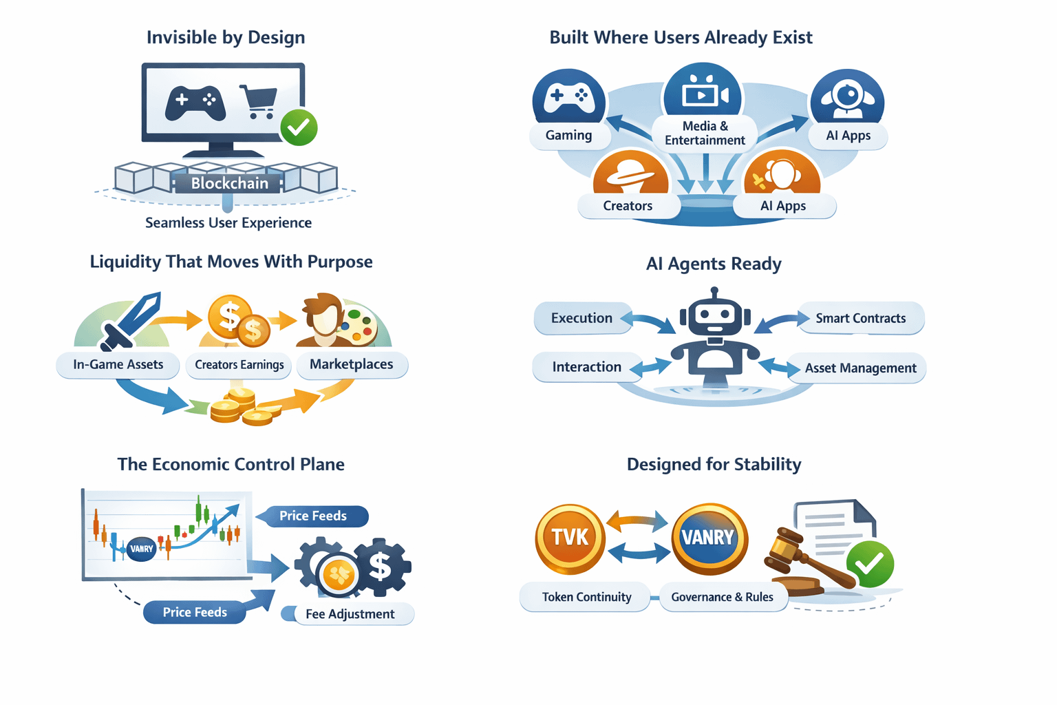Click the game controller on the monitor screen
[x=195, y=102]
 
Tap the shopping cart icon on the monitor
[x=258, y=101]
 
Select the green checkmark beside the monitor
[x=299, y=127]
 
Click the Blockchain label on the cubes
[x=229, y=183]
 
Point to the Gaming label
[x=568, y=136]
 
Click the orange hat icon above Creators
[x=630, y=173]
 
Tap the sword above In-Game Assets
[x=131, y=320]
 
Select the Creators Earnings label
[x=239, y=365]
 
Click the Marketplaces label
[x=351, y=364]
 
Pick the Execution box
[x=581, y=318]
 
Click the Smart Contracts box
[x=860, y=318]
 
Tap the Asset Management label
[x=860, y=368]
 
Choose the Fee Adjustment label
[x=350, y=614]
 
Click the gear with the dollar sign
[x=381, y=567]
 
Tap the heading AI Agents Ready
[x=714, y=264]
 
